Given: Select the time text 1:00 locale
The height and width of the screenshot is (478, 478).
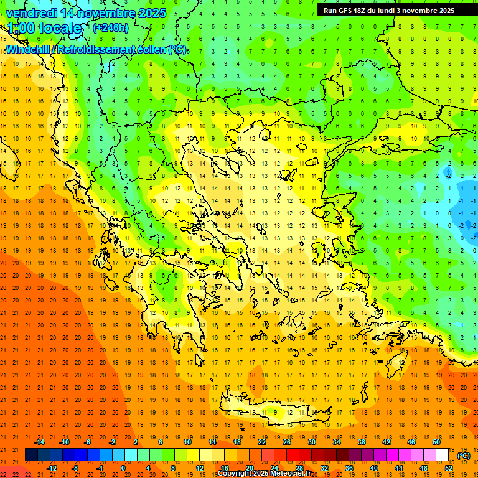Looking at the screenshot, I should point(44,28).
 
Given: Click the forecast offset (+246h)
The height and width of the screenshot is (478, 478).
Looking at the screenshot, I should point(111,27).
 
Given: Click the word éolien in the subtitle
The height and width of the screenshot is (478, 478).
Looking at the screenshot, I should point(147,49).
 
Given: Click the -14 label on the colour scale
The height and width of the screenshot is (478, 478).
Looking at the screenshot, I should point(39,442).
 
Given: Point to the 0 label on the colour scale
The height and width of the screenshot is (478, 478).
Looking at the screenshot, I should point(123,468).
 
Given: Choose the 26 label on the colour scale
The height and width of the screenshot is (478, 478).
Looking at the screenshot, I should point(287,442).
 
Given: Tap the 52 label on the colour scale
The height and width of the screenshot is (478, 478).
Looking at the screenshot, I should point(449,468).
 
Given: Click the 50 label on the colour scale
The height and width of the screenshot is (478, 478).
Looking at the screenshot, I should point(436,442).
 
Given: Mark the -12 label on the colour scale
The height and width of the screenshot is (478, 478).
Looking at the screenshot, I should point(52,468).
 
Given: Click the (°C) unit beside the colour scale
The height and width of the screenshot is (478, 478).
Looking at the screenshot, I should point(464,456).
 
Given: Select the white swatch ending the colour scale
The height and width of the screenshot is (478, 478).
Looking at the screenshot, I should point(443,455).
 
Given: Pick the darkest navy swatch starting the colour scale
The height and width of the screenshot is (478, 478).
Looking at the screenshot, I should point(31,455).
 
